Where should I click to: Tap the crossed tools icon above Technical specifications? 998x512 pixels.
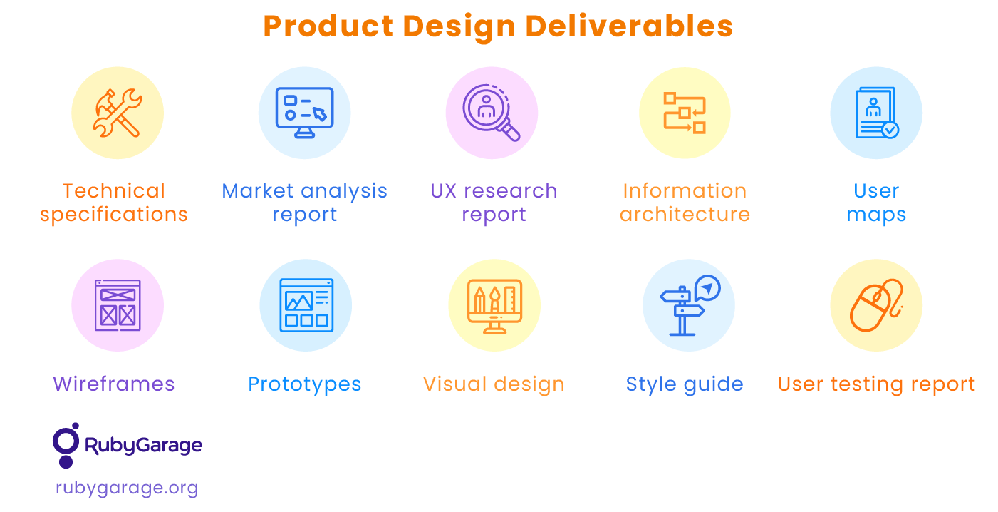click(x=118, y=113)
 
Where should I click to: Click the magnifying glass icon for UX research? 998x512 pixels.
click(x=492, y=113)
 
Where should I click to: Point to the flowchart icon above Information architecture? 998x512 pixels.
click(x=685, y=113)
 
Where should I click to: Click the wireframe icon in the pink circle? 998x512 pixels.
click(x=118, y=305)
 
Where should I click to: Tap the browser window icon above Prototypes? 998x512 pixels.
click(x=306, y=305)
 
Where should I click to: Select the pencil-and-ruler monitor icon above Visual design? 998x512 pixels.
click(x=494, y=305)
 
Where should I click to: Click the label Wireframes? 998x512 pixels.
click(x=114, y=384)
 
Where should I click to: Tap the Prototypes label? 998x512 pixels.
click(x=305, y=384)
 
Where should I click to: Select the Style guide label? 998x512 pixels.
click(x=685, y=384)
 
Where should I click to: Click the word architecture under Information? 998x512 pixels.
click(x=685, y=215)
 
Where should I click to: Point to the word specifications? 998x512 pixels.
click(x=114, y=215)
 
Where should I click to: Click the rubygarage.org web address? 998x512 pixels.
click(x=127, y=488)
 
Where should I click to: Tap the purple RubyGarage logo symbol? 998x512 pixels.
click(x=67, y=444)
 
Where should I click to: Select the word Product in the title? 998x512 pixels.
click(x=328, y=26)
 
